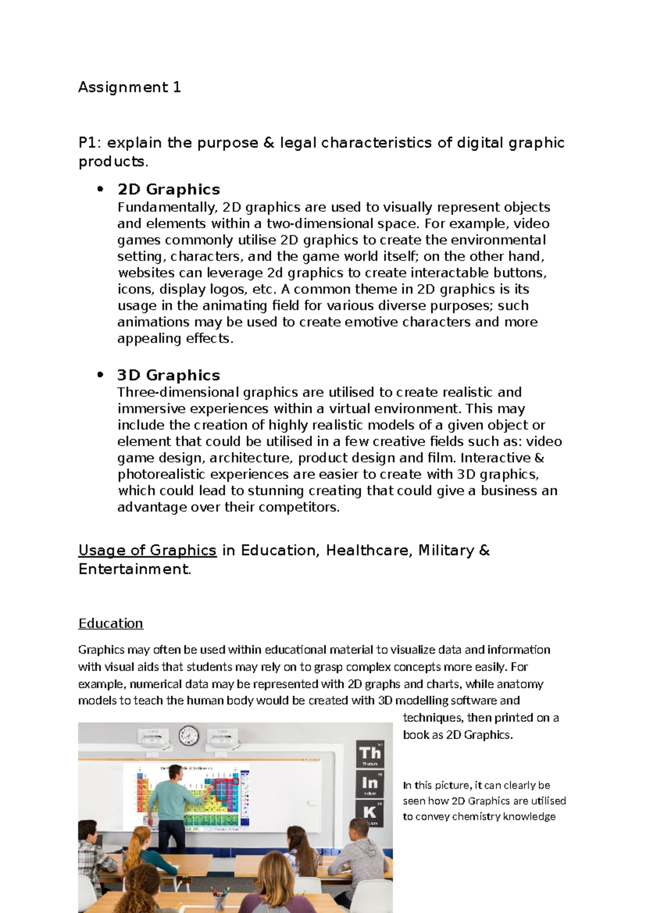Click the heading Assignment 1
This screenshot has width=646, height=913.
pyautogui.click(x=129, y=87)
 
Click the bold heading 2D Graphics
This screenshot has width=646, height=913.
pyautogui.click(x=168, y=189)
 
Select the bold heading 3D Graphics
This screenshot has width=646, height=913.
pyautogui.click(x=168, y=375)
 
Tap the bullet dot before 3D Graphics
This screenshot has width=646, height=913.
pyautogui.click(x=100, y=375)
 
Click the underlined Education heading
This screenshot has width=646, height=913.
pyautogui.click(x=110, y=623)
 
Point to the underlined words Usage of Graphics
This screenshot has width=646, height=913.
pyautogui.click(x=147, y=550)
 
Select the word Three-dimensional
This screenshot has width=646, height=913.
pyautogui.click(x=178, y=392)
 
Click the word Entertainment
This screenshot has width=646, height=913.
pyautogui.click(x=135, y=569)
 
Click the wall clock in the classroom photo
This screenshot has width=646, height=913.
pyautogui.click(x=188, y=735)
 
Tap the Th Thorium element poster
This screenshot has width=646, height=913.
pyautogui.click(x=370, y=754)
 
